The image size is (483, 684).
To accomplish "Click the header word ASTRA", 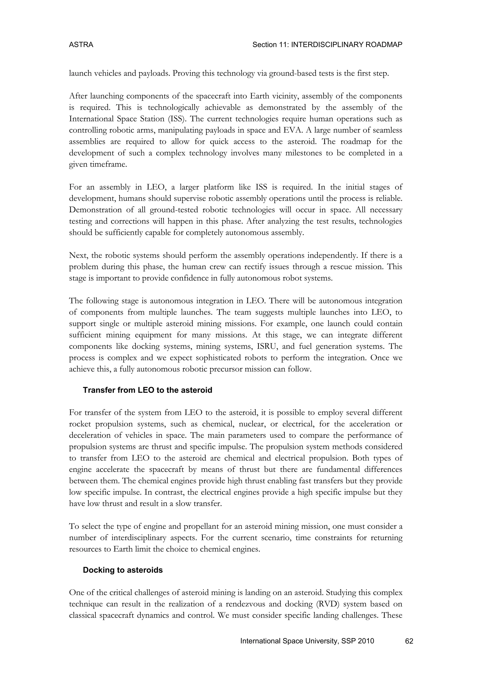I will click(x=81, y=45).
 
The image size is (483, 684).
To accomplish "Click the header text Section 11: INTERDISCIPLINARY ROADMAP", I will click(x=327, y=45).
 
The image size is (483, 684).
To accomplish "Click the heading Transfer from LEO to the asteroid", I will click(x=147, y=390).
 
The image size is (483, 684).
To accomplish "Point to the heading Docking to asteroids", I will click(x=123, y=570).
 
